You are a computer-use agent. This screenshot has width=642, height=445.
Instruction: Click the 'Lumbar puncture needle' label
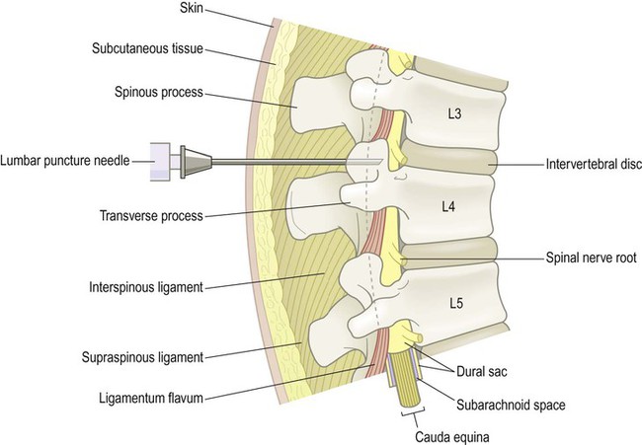pos(66,159)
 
